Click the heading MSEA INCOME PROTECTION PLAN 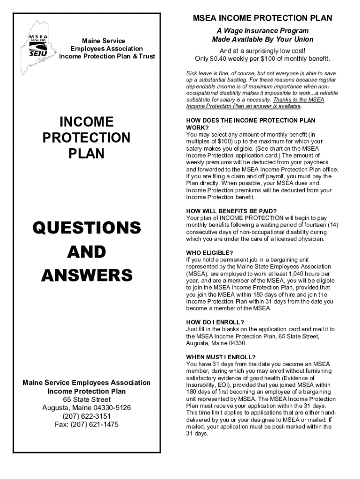click(263, 18)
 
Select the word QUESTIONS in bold click(86, 228)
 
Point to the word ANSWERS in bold click(86, 275)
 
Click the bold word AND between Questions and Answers click(86, 252)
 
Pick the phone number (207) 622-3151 click(86, 416)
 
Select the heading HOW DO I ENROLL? click(215, 322)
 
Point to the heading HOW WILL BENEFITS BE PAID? click(231, 211)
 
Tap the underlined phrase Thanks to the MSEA click(298, 100)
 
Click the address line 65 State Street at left click(87, 399)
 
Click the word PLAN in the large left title click(86, 153)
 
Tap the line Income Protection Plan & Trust click(107, 57)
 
